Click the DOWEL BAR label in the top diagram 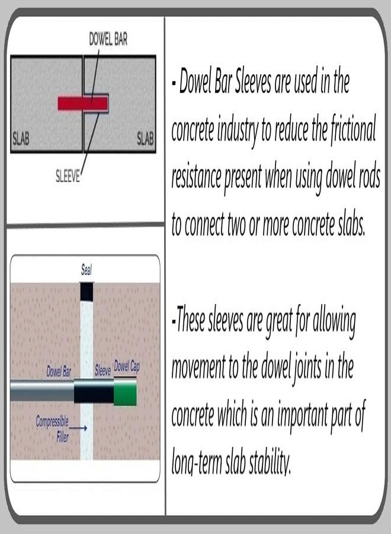(x=108, y=39)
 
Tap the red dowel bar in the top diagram (x=83, y=103)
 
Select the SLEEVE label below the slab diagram (x=68, y=176)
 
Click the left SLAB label (x=21, y=139)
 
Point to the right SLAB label (x=145, y=139)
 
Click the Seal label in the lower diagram (x=86, y=270)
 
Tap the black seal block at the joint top (x=86, y=292)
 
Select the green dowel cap (x=125, y=392)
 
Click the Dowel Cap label (x=126, y=367)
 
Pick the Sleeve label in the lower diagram (x=102, y=370)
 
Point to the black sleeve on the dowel (x=94, y=392)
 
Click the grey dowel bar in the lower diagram (x=42, y=390)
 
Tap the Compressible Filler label (x=53, y=429)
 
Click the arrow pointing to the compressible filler (x=79, y=428)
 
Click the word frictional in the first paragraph (x=354, y=129)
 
